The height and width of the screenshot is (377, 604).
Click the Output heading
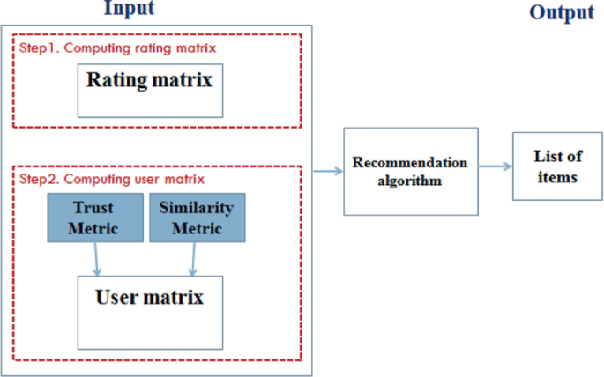pos(561,13)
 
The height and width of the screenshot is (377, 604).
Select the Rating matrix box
pos(149,90)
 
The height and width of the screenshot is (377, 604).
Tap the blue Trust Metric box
pos(95,217)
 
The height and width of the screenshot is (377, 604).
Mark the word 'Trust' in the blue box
pos(95,209)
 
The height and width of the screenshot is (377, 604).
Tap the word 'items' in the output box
pos(556,176)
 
